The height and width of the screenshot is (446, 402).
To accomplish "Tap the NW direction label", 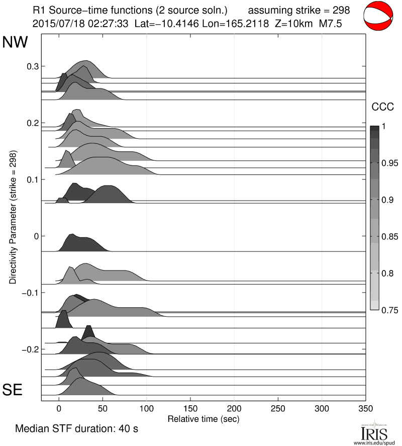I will tap(15, 43).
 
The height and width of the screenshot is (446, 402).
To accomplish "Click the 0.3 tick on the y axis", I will tap(32, 66).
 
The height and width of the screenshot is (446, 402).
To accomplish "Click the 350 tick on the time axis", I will tap(365, 408).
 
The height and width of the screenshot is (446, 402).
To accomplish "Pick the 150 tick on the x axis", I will tap(190, 408).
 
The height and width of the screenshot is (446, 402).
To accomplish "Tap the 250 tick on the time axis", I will tap(278, 408).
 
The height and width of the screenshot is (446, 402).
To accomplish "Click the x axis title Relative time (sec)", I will tap(203, 418).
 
